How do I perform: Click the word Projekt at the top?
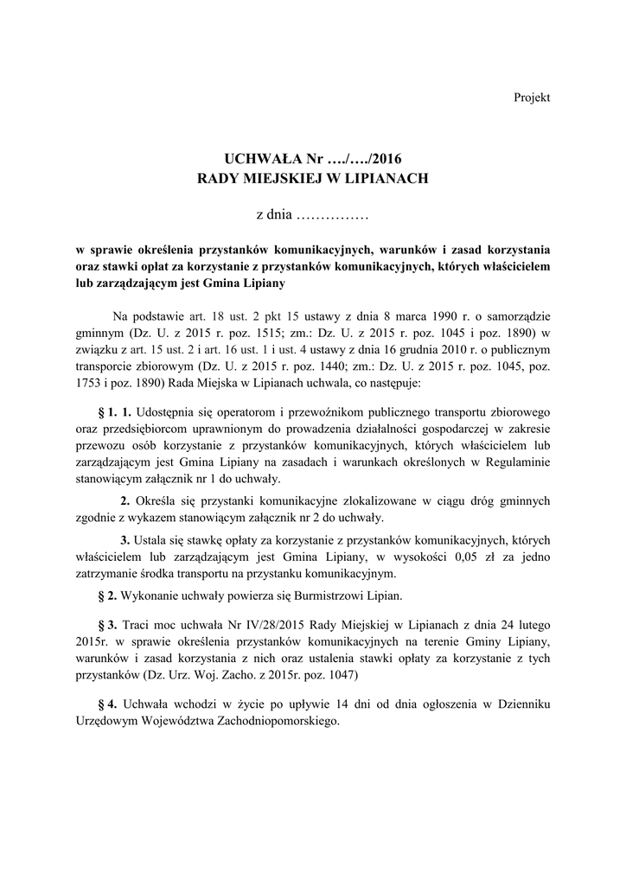click(x=532, y=98)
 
